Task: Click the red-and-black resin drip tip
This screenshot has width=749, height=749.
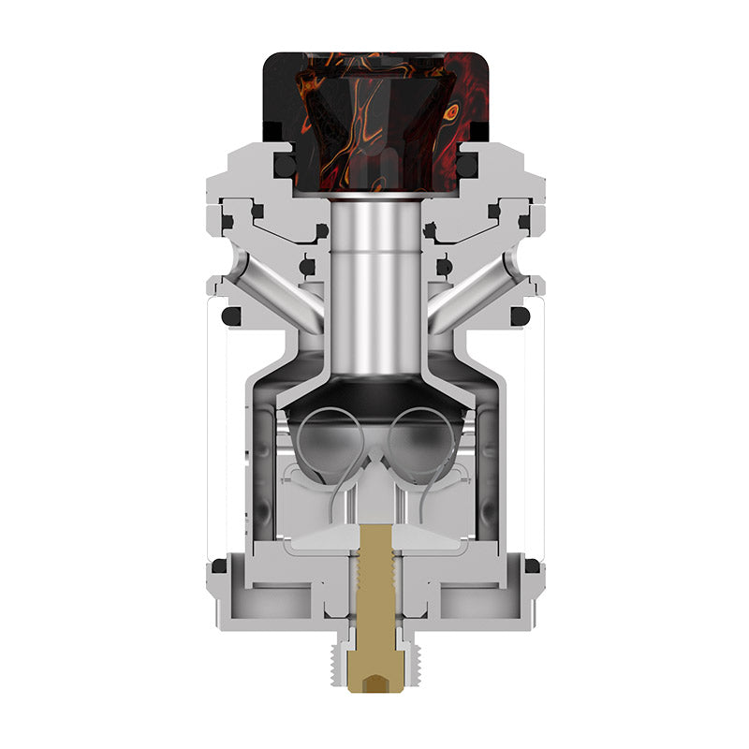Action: click(x=374, y=103)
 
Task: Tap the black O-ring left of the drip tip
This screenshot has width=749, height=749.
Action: click(x=282, y=166)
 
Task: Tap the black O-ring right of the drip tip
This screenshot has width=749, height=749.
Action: click(x=467, y=166)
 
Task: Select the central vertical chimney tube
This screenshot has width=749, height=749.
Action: click(x=374, y=281)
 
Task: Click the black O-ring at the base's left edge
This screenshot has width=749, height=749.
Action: click(x=218, y=565)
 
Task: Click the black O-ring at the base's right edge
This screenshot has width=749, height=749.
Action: click(x=532, y=565)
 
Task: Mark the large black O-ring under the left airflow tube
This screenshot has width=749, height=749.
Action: click(x=229, y=316)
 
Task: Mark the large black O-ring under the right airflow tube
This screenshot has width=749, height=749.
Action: click(x=520, y=316)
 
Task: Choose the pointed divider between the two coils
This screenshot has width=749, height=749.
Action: click(x=374, y=459)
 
